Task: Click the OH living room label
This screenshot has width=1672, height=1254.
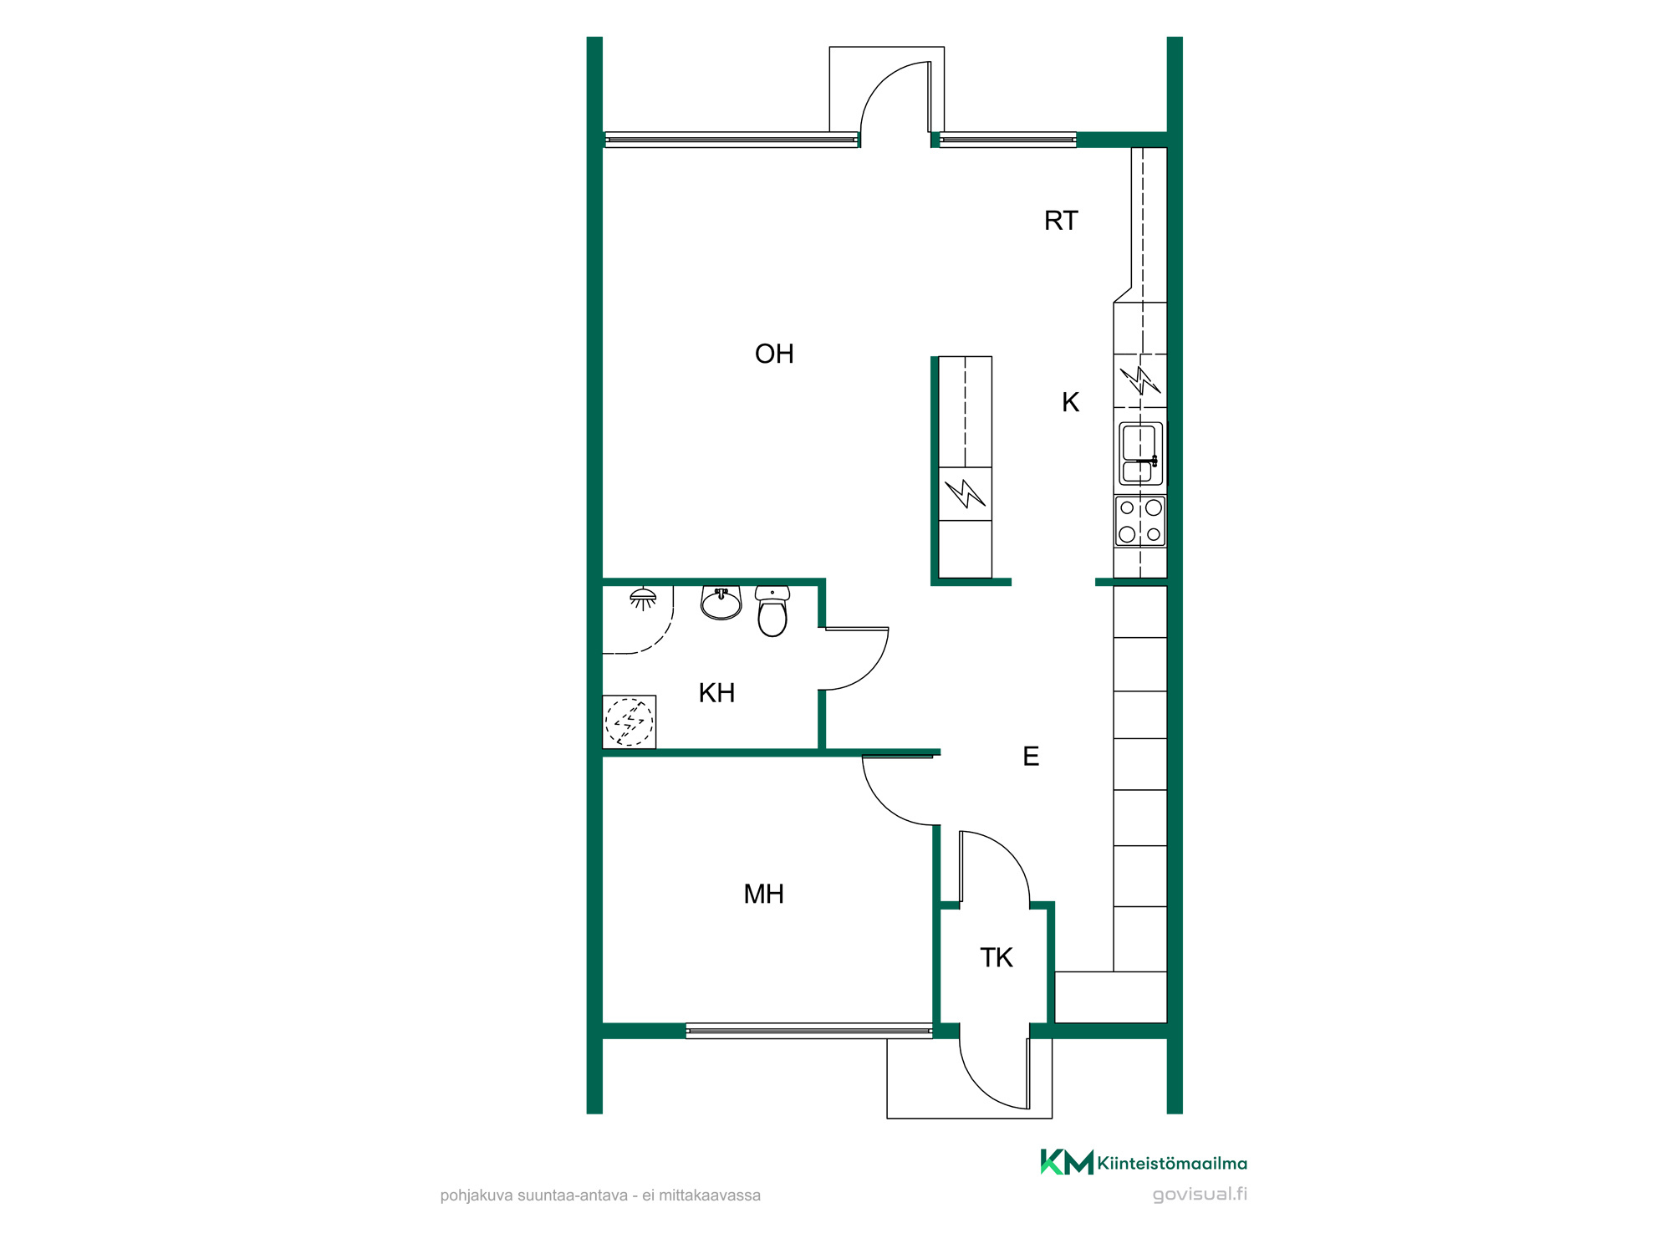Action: [x=774, y=354]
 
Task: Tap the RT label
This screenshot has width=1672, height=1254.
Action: [x=1061, y=221]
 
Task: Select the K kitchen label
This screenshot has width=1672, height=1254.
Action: [x=1070, y=402]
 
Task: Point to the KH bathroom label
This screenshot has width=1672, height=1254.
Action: [x=716, y=693]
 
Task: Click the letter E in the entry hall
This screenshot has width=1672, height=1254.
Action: [x=1031, y=757]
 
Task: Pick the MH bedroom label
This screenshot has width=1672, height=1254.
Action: [x=763, y=895]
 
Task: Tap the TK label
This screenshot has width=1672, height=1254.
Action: [x=996, y=958]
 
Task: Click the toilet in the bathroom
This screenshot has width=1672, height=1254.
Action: [x=772, y=611]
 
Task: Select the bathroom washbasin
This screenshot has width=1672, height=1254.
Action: [x=721, y=603]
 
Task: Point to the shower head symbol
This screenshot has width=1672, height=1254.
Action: [x=643, y=599]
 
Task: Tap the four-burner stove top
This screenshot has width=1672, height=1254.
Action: [x=1140, y=521]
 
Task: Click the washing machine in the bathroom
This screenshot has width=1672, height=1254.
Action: [x=629, y=722]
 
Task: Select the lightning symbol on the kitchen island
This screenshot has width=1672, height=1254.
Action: [x=966, y=493]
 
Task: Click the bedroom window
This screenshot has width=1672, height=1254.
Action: [x=809, y=1031]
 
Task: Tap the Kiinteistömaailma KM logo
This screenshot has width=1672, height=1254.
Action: [x=1144, y=1163]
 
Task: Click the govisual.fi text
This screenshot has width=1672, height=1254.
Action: [x=1200, y=1194]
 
